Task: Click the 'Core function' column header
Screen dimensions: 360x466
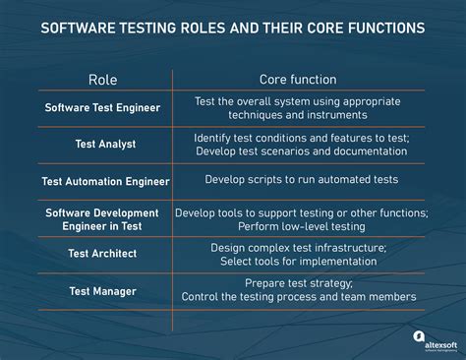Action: pyautogui.click(x=298, y=79)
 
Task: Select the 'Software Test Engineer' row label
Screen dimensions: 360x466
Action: pyautogui.click(x=104, y=107)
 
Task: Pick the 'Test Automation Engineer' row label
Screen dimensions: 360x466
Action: pyautogui.click(x=105, y=181)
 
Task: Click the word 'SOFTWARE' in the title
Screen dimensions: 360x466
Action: pyautogui.click(x=79, y=28)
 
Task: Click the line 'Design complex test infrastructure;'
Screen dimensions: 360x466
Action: pyautogui.click(x=298, y=247)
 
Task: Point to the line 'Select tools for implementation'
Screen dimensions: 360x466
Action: pyautogui.click(x=298, y=261)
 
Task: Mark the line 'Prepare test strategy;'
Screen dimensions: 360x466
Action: pyautogui.click(x=298, y=282)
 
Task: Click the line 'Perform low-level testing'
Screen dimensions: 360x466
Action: pyautogui.click(x=298, y=226)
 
